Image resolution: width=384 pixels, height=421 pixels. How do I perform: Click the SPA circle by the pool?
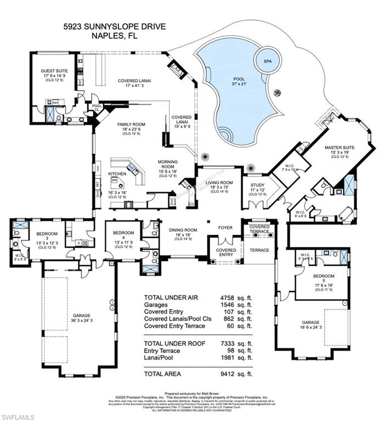click(268, 61)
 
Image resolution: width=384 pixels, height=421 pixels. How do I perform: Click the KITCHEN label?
click(117, 174)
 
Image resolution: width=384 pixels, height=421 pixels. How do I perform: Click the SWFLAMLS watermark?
click(18, 417)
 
